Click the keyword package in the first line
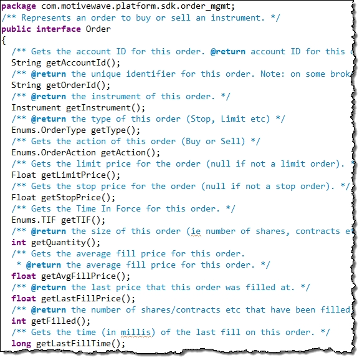coord(19,7)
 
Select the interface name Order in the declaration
coord(98,29)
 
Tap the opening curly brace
coord(4,41)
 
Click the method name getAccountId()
coord(83,63)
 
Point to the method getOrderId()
coord(78,85)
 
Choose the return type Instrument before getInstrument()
coord(36,107)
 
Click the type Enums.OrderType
coord(49,130)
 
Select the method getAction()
coord(130,153)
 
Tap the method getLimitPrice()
coord(80,175)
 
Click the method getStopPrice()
coord(78,197)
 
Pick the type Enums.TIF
coord(34,220)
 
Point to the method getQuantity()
coord(66,243)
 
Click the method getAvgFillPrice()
coord(85,276)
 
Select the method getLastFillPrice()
coord(88,299)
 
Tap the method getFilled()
coord(60,321)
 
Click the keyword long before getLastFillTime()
coord(21,344)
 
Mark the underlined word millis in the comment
coord(136,333)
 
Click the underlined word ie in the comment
coord(196,231)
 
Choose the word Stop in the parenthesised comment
coord(202,119)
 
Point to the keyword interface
coord(59,29)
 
